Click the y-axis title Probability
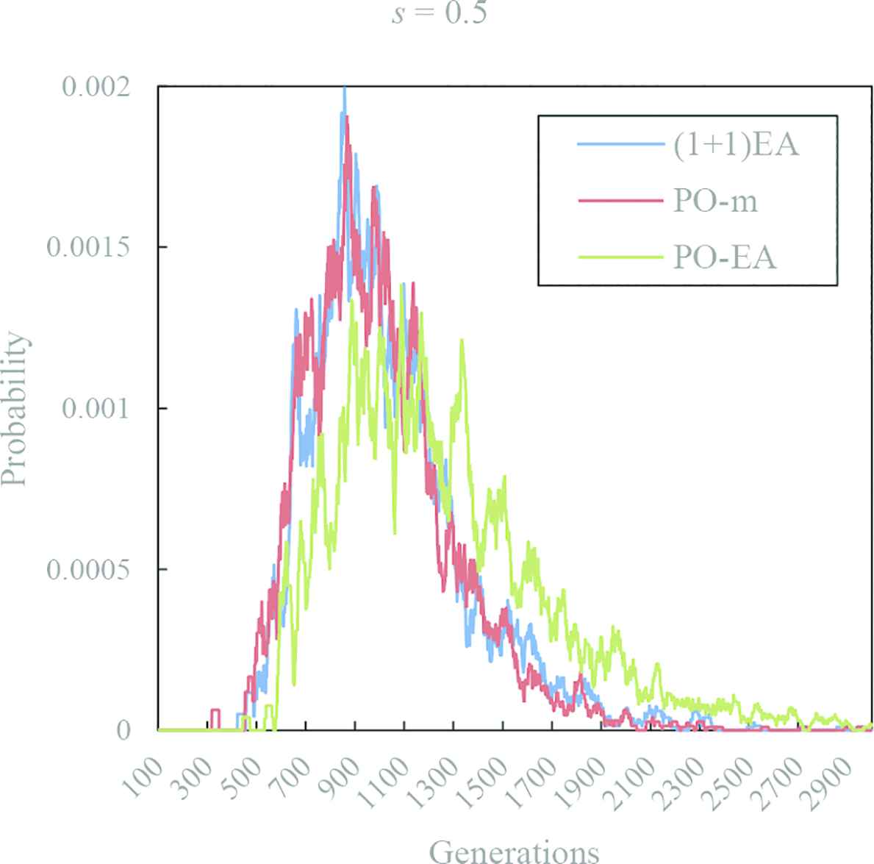point(15,409)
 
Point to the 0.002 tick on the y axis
point(96,87)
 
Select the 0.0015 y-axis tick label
point(89,247)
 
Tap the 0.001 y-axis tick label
point(96,408)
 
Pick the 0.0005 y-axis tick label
point(89,569)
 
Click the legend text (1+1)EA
point(736,145)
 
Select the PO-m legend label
point(715,201)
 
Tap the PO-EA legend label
point(725,257)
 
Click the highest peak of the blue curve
point(343,90)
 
